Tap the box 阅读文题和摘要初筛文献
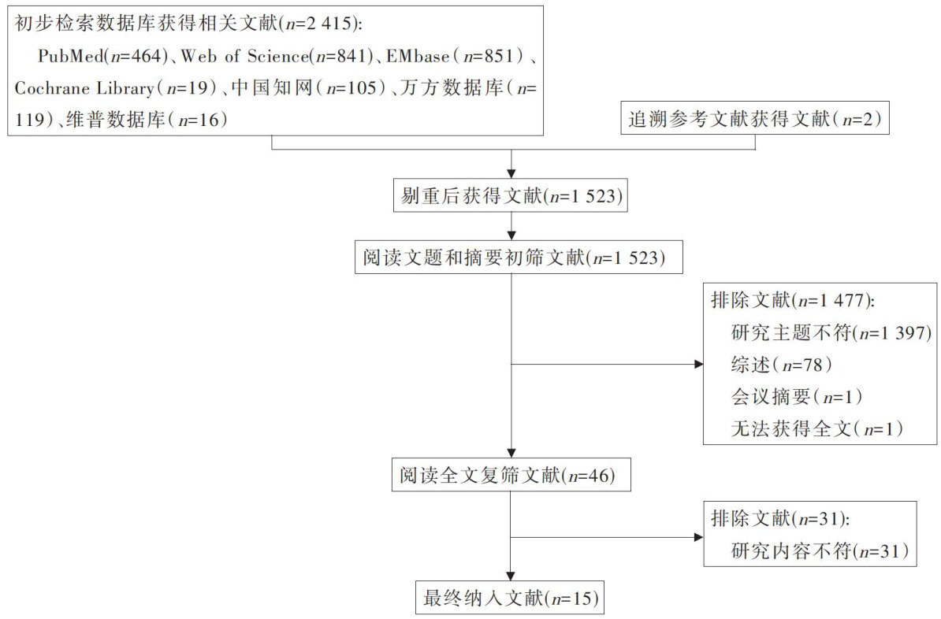tap(511, 258)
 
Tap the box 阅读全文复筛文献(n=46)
tap(511, 475)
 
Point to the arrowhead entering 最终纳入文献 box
tap(511, 576)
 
